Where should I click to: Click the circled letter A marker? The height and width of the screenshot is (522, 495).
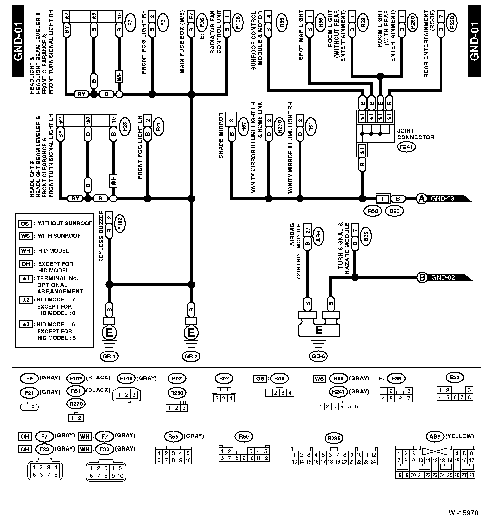pyautogui.click(x=421, y=198)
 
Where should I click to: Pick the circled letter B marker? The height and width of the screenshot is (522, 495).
pyautogui.click(x=422, y=277)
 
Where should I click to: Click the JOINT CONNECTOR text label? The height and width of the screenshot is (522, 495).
pyautogui.click(x=415, y=134)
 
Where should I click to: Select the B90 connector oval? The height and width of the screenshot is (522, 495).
pyautogui.click(x=394, y=211)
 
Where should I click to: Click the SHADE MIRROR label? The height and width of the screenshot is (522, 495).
pyautogui.click(x=221, y=136)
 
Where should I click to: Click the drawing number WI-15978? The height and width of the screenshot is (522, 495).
pyautogui.click(x=463, y=513)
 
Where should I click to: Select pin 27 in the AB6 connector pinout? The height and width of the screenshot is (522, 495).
pyautogui.click(x=464, y=475)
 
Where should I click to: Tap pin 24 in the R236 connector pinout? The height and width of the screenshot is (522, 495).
pyautogui.click(x=373, y=462)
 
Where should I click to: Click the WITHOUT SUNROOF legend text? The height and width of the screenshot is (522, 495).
pyautogui.click(x=65, y=223)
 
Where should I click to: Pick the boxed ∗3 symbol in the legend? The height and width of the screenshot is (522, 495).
pyautogui.click(x=25, y=325)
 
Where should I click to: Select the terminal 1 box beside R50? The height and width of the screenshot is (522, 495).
pyautogui.click(x=382, y=199)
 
